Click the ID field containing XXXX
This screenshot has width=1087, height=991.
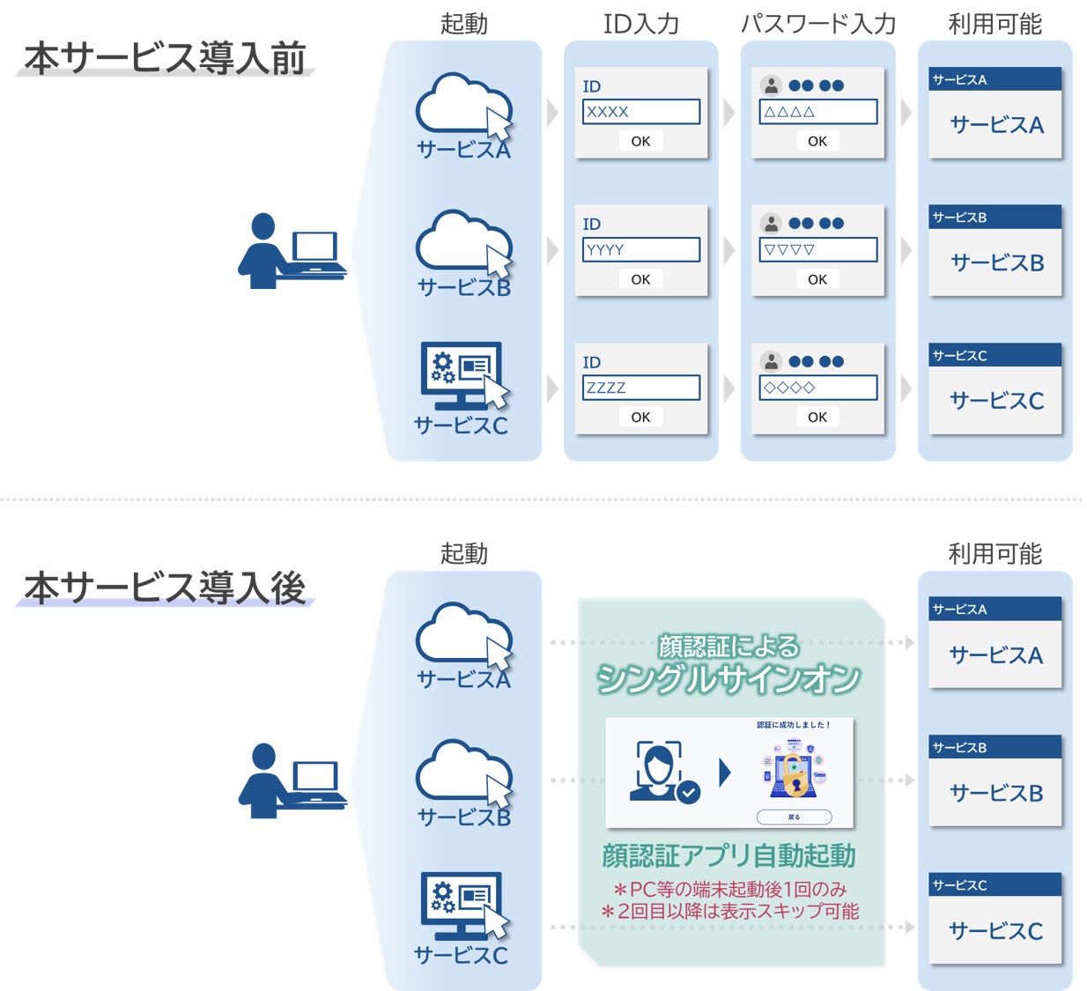point(640,112)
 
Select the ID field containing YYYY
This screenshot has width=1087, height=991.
point(640,250)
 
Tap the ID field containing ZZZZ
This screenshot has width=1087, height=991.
point(640,388)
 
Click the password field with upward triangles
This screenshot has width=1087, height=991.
point(817,112)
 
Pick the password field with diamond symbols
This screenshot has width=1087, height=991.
point(817,388)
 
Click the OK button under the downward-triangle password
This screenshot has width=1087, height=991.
point(817,279)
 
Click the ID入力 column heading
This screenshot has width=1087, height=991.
point(640,24)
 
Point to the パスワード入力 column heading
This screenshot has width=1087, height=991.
point(817,24)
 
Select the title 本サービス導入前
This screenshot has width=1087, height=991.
point(165,58)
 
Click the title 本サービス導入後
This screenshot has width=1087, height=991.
point(165,588)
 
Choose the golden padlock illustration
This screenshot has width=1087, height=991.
point(795,774)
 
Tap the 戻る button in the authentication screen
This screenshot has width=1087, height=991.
point(794,817)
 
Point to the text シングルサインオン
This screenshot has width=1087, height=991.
point(728,678)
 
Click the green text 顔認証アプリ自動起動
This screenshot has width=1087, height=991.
point(728,855)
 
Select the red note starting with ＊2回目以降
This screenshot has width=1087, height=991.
point(729,912)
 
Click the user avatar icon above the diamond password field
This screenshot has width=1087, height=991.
point(771,361)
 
